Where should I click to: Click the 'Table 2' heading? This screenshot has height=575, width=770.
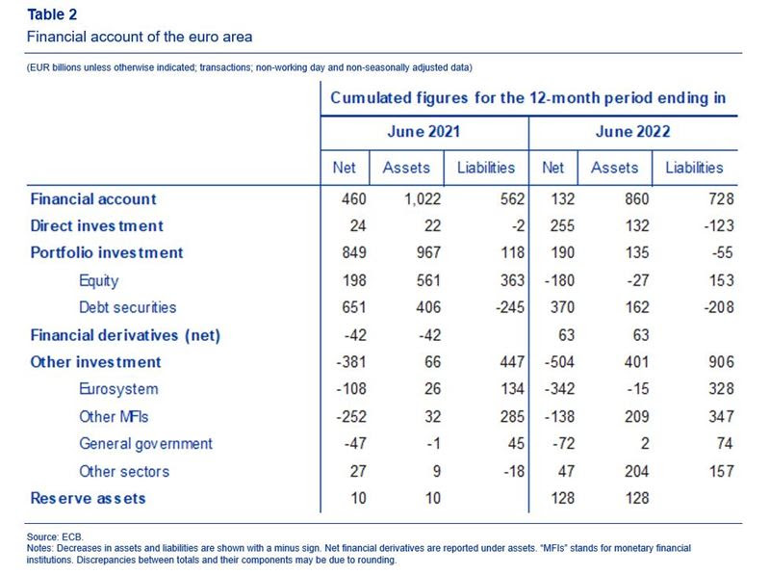tap(52, 14)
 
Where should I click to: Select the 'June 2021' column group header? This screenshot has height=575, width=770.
tap(423, 132)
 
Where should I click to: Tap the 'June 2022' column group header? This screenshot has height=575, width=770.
tap(633, 132)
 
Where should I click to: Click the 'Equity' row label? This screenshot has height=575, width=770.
tap(99, 280)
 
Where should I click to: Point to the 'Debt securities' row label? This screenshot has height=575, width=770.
tap(128, 307)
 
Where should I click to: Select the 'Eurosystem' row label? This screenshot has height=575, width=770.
tap(118, 389)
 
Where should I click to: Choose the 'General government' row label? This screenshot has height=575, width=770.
tap(146, 444)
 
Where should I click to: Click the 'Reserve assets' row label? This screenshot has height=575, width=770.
tap(89, 498)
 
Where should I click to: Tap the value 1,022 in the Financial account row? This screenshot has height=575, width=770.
tap(423, 199)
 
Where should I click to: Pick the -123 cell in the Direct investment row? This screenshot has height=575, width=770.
tap(718, 226)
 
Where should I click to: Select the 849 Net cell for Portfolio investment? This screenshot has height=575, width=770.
tap(354, 252)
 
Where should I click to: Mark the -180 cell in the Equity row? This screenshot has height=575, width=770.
tap(559, 280)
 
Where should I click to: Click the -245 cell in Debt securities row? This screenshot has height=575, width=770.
tap(510, 307)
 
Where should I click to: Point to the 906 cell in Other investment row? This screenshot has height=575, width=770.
tap(721, 362)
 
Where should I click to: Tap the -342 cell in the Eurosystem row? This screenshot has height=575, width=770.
tap(559, 389)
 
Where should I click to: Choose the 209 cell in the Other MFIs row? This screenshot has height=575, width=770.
tap(637, 417)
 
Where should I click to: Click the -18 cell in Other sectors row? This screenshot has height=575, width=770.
tap(514, 471)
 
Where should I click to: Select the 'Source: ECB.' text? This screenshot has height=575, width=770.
tap(55, 536)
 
